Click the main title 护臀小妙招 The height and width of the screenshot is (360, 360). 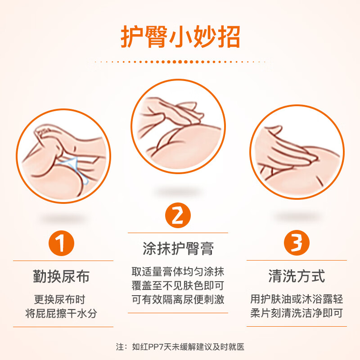coord(180,37)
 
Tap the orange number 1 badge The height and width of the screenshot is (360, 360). coord(61,243)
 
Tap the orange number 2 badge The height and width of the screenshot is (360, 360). coord(178,215)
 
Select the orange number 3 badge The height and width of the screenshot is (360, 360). coord(297,243)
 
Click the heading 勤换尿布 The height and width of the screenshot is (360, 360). coord(61,276)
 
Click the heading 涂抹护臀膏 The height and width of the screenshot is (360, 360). coord(178,248)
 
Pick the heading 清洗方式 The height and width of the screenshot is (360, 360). coord(297,276)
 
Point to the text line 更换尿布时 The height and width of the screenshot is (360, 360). coord(60,299)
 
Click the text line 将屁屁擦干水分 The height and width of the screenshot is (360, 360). coord(61,313)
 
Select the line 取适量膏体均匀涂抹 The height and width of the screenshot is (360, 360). coord(178,272)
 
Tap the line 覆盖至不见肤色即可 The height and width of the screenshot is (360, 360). coord(178,286)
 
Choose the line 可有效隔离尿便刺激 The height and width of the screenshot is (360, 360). coord(178,300)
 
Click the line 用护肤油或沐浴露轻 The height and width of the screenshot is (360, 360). coord(297,299)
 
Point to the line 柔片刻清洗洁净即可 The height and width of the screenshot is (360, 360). coord(297,313)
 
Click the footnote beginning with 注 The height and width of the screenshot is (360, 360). coord(180,346)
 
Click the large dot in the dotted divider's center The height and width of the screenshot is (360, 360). coord(180,62)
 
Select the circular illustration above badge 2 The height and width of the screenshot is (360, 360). coord(178,126)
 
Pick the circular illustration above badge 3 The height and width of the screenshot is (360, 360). coord(297,152)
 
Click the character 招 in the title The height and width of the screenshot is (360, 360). coord(229,37)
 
